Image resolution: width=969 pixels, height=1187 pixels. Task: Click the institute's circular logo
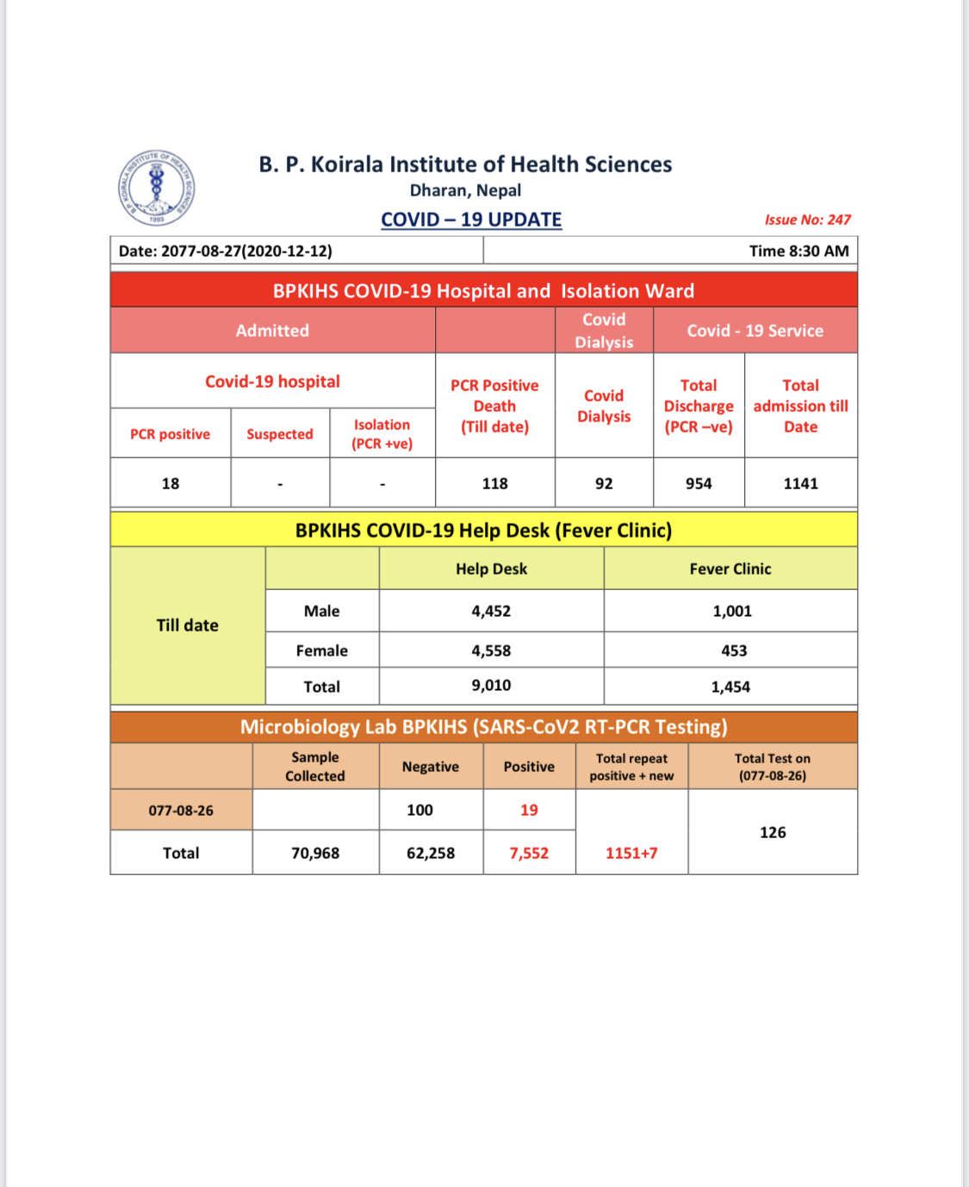coord(156,188)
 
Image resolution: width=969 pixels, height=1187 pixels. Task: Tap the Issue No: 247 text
coord(807,220)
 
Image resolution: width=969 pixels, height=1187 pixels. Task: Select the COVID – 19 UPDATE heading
coord(471,220)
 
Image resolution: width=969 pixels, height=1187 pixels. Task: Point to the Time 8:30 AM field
coord(798,251)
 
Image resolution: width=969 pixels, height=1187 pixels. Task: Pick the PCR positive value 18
coord(171,483)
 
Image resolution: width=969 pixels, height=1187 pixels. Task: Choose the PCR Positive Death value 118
coord(494,483)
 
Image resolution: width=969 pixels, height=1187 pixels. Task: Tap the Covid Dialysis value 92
coord(604,483)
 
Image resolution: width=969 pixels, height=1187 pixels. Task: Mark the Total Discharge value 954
coord(699,483)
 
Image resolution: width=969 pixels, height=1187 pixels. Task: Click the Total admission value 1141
coord(800,483)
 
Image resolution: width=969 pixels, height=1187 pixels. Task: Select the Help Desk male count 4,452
coord(491,611)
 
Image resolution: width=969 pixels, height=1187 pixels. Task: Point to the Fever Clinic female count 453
coord(734,650)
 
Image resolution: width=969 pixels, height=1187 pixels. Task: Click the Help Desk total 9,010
coord(491,686)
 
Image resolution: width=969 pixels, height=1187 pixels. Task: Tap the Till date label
coord(187,625)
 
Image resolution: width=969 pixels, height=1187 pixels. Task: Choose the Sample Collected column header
coord(315,767)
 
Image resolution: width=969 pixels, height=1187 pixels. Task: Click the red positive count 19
coord(529,810)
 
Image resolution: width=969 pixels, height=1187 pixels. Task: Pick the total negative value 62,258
coord(431,853)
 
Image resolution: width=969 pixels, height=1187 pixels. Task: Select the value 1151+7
coord(631,853)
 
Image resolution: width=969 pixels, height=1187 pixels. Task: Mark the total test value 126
coord(773,832)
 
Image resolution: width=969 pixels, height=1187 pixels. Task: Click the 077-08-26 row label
coord(181,811)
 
